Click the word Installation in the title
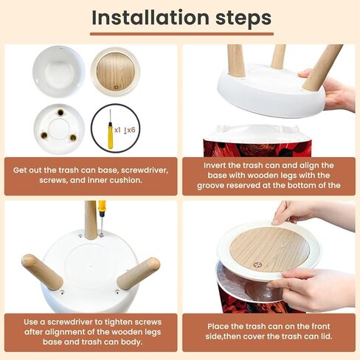[x=150, y=17]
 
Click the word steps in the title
[x=243, y=18]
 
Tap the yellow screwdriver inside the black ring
[x=111, y=130]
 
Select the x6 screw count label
[x=130, y=130]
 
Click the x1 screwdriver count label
[x=117, y=130]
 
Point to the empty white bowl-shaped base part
[x=59, y=72]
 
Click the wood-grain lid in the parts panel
[x=115, y=72]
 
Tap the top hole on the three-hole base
[x=60, y=113]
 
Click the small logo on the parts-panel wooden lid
[x=117, y=87]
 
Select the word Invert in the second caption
[x=215, y=165]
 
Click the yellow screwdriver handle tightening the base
[x=102, y=207]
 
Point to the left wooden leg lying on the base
[x=42, y=272]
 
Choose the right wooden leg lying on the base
[x=139, y=273]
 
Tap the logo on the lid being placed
[x=257, y=265]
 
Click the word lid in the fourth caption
[x=327, y=336]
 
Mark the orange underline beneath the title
[x=181, y=34]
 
